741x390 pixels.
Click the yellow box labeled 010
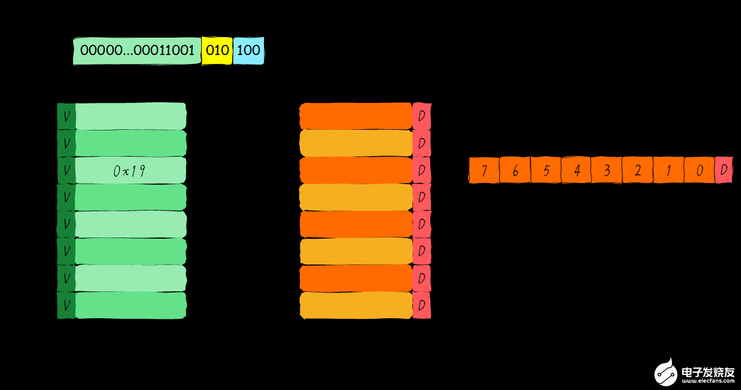[217, 51]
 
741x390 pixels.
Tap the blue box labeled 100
[248, 51]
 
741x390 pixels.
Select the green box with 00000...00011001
[137, 51]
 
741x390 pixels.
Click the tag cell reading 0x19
[130, 170]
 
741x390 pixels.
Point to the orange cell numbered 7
[484, 170]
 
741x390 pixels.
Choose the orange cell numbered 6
[515, 170]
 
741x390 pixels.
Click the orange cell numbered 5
[546, 170]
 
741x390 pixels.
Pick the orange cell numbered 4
[576, 170]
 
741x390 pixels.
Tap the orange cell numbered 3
[607, 170]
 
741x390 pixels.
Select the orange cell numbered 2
[638, 170]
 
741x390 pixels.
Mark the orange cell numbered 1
[669, 170]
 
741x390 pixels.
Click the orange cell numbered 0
[699, 170]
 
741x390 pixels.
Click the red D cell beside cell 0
[724, 170]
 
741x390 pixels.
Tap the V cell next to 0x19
[66, 170]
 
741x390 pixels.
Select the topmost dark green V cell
[66, 116]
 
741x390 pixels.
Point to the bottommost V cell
[66, 306]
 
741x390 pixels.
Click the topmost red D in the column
[422, 116]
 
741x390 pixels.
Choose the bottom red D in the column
[422, 306]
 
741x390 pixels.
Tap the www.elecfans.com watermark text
[708, 381]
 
